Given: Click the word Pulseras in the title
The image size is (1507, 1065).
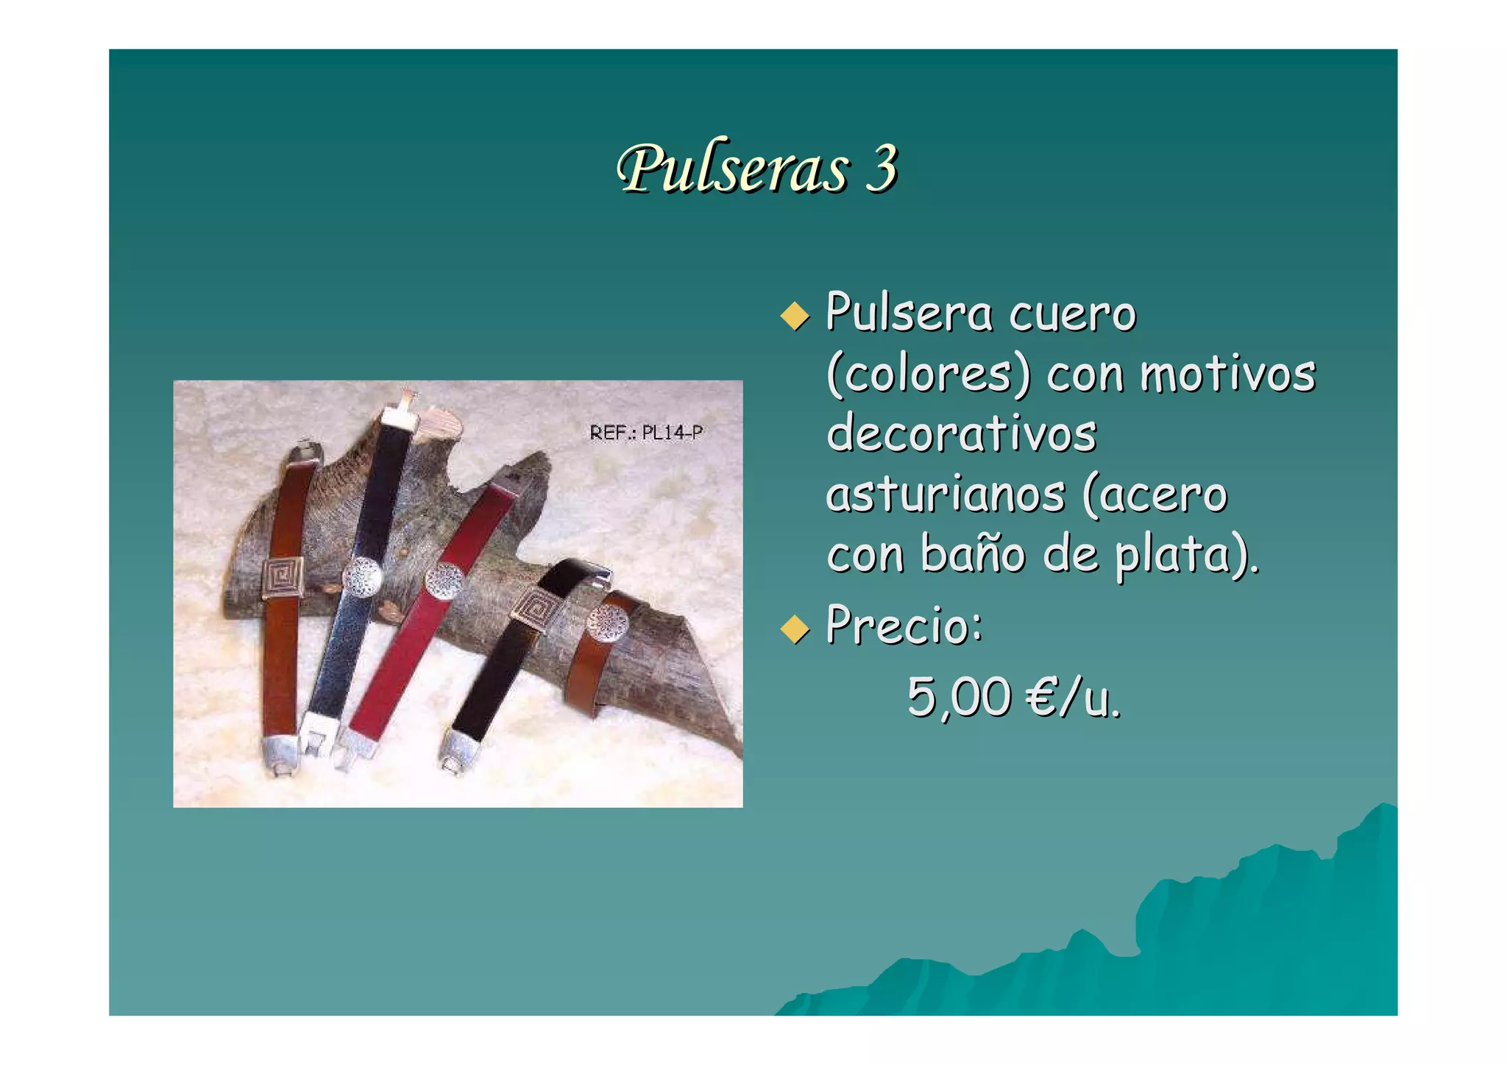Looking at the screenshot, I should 733,169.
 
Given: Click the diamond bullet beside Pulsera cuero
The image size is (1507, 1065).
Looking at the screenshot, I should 795,316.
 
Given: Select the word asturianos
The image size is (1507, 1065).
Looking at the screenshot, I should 946,495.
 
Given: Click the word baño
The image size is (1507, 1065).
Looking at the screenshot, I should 973,554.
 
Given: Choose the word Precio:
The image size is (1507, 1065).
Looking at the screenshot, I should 904,626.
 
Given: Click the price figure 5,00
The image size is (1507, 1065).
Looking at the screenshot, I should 959,697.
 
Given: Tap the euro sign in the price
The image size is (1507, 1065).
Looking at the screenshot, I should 1042,697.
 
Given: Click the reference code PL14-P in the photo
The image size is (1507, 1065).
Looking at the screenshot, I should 672,433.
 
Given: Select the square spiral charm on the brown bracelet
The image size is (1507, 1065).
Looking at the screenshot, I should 283,578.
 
